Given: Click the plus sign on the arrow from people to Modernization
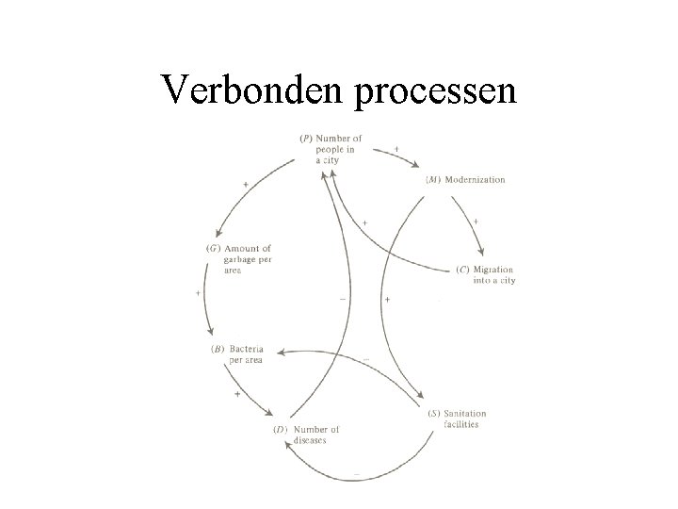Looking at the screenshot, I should pyautogui.click(x=395, y=148).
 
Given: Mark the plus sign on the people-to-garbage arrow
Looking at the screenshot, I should pyautogui.click(x=246, y=185).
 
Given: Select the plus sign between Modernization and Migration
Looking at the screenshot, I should pyautogui.click(x=476, y=221).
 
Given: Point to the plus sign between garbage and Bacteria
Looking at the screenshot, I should pyautogui.click(x=199, y=293).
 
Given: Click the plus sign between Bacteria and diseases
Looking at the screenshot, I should pyautogui.click(x=236, y=393).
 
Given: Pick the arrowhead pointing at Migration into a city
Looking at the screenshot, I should pyautogui.click(x=482, y=253).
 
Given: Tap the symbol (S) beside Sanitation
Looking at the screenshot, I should pyautogui.click(x=433, y=414).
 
